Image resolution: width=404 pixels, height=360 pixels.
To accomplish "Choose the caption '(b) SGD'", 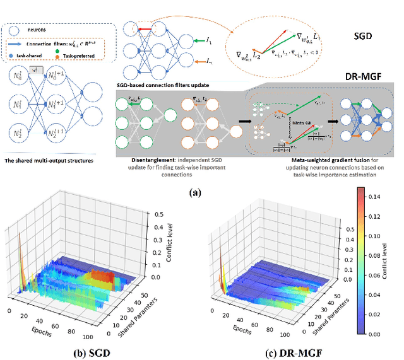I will tap(85, 351).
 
